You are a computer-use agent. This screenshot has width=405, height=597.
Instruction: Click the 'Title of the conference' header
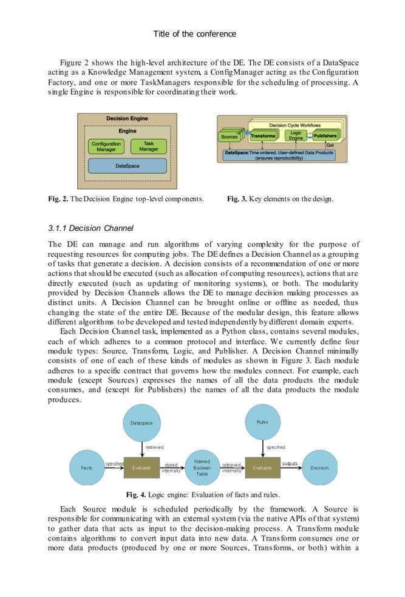coord(194,34)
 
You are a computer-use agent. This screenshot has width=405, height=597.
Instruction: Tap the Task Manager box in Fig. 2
coord(148,146)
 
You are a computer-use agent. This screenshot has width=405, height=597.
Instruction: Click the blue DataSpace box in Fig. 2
coord(127,165)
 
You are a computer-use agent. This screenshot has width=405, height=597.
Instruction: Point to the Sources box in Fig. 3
coord(230,137)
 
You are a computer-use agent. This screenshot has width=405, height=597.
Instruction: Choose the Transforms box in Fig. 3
coord(263,136)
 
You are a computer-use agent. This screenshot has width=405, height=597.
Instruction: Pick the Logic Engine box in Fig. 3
coord(296,135)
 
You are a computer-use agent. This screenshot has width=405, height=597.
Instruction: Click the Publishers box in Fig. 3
coord(325,136)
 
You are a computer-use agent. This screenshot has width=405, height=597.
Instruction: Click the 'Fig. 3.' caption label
coord(236,199)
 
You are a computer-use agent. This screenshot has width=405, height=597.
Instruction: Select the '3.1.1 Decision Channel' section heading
coord(90,228)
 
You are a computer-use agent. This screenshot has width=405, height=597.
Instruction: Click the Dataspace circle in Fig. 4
coord(141,421)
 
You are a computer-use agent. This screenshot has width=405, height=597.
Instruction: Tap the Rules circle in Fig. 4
coord(262,421)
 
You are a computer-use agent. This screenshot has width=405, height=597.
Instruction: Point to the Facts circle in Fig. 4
coord(87,468)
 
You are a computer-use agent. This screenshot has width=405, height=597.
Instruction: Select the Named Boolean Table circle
coord(202,468)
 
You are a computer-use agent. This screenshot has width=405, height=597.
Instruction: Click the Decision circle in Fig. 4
coord(319,468)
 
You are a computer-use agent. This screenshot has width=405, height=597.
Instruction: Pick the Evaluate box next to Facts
coord(141,468)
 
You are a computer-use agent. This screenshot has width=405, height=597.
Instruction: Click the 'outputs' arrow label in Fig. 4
coord(290,463)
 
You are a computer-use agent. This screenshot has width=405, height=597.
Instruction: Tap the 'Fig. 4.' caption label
coord(134,494)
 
